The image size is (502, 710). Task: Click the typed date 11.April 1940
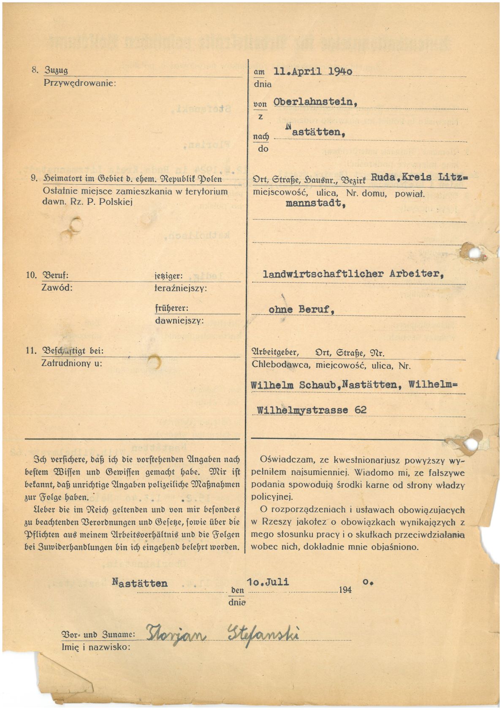point(313,71)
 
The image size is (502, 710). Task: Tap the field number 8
point(35,70)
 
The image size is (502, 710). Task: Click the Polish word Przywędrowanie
point(79,83)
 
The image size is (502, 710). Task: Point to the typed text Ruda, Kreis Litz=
point(419,177)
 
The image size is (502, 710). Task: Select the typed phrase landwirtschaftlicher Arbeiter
point(353,274)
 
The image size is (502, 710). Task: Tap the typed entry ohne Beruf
point(301,309)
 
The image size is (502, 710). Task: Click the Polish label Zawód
point(57,288)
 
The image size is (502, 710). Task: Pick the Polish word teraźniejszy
point(181,288)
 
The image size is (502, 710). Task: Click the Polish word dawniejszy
point(179,321)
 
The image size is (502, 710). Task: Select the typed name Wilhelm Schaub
point(295,385)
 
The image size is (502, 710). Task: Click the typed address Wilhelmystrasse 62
point(312,410)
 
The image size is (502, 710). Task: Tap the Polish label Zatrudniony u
point(71,363)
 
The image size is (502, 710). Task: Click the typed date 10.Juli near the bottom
point(268,582)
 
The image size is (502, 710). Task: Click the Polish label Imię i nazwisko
point(95,647)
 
